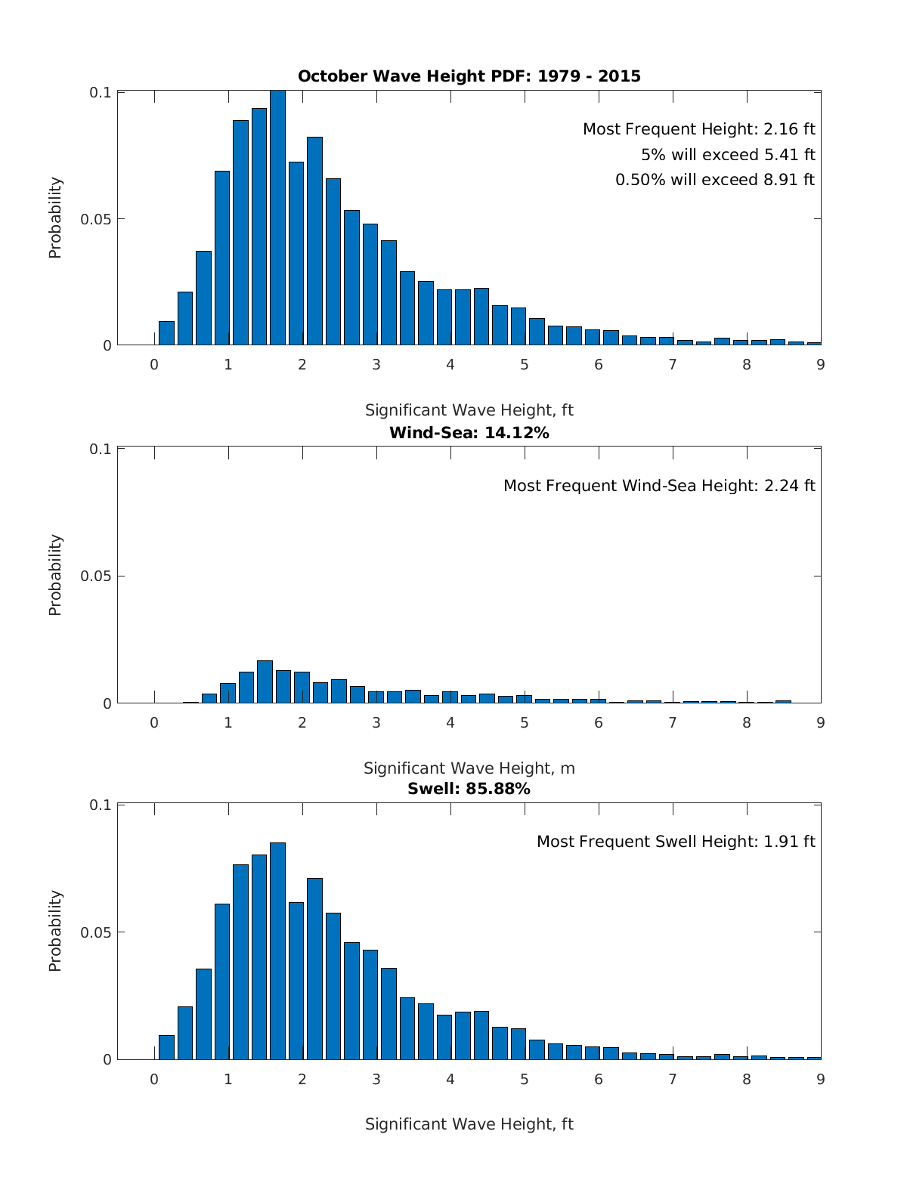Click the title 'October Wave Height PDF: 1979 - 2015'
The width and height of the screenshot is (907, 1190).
click(469, 76)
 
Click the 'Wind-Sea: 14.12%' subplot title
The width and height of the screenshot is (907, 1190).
click(469, 433)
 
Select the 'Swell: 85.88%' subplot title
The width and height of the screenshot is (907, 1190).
click(469, 789)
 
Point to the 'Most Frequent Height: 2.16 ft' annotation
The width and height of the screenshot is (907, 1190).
click(698, 129)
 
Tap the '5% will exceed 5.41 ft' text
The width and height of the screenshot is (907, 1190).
click(728, 155)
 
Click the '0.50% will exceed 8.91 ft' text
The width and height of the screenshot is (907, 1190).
click(715, 180)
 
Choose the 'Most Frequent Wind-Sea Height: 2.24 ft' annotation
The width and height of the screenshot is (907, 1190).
click(659, 486)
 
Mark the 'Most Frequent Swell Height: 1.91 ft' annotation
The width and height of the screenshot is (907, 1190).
click(676, 842)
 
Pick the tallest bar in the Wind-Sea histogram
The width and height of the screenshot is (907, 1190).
click(265, 682)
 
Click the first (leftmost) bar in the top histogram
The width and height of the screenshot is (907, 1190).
click(166, 333)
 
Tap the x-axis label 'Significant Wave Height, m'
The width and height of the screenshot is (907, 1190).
click(469, 768)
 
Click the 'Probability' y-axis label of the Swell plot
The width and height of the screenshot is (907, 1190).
click(55, 931)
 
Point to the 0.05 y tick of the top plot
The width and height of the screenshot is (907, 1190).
click(96, 219)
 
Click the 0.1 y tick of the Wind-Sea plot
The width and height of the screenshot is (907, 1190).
click(101, 449)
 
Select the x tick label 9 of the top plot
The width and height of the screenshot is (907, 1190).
click(821, 364)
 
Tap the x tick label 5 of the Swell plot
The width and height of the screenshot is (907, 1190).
click(525, 1079)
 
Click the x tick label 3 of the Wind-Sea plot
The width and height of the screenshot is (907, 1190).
click(376, 722)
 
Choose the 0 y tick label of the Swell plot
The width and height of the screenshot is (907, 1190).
click(107, 1059)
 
